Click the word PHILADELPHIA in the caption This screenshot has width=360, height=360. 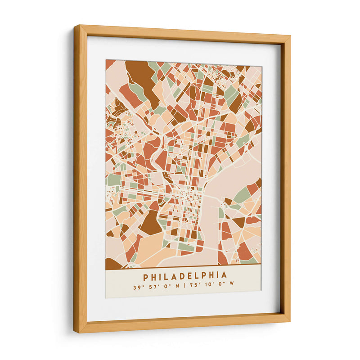[185, 274]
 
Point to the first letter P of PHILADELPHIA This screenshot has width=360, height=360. [146, 274]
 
